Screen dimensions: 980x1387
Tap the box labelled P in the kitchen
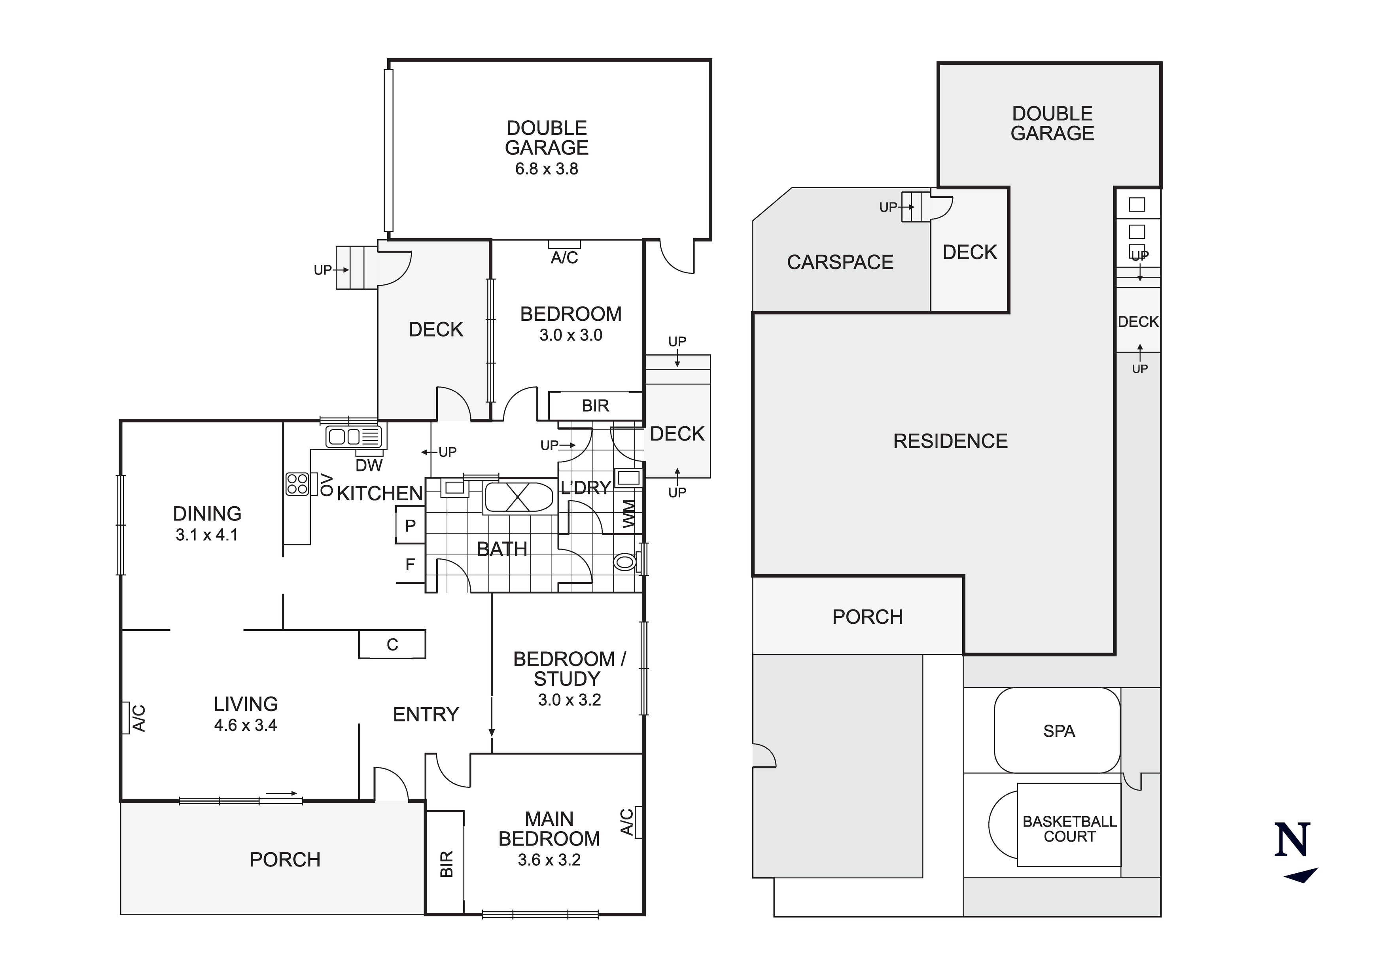coord(410,526)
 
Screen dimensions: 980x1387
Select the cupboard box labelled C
coord(392,645)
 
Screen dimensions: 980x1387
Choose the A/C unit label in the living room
coord(138,718)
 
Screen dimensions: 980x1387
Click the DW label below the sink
coord(369,465)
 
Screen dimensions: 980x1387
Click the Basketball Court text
coord(1069,829)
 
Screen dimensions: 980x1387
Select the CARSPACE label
coord(840,262)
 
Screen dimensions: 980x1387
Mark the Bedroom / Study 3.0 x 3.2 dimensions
coord(569,700)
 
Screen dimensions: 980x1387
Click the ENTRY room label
coord(426,714)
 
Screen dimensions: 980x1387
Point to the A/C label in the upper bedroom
coord(564,258)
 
